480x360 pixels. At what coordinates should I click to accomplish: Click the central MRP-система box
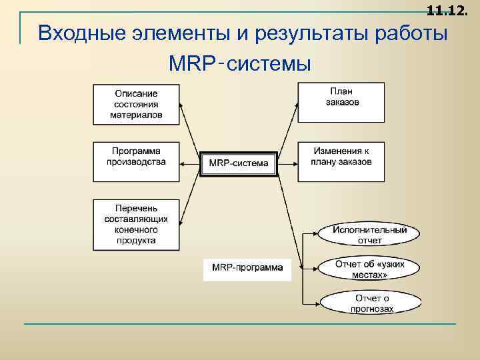[x=239, y=163]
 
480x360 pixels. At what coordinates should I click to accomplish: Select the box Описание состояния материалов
[x=136, y=104]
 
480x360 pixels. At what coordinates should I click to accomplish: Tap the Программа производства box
[x=136, y=161]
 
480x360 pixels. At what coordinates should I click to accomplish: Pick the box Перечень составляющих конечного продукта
[x=136, y=225]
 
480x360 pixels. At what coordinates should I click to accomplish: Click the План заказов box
[x=341, y=102]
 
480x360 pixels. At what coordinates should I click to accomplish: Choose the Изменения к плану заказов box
[x=341, y=161]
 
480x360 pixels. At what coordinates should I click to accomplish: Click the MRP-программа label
[x=247, y=268]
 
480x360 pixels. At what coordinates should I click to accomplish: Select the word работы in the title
[x=411, y=33]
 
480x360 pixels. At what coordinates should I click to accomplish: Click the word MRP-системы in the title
[x=241, y=65]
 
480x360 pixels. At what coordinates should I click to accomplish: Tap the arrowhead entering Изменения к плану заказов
[x=293, y=162]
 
